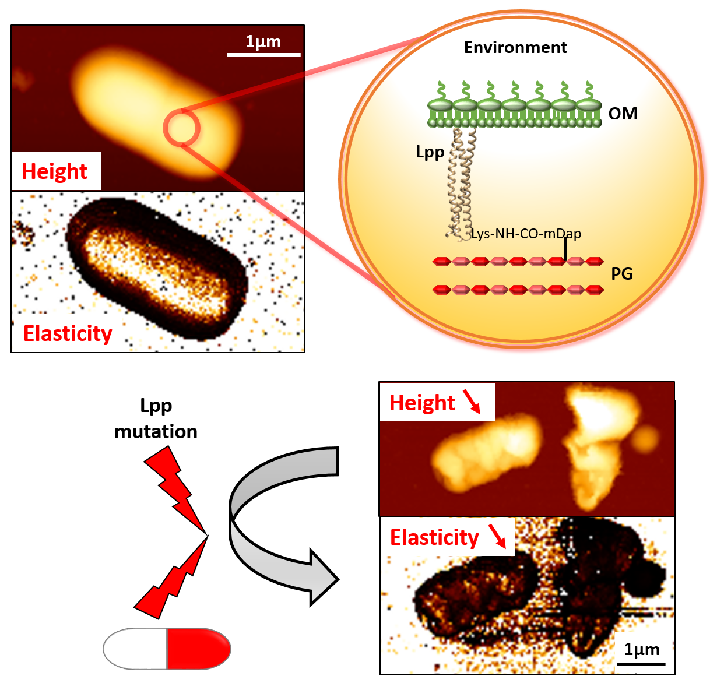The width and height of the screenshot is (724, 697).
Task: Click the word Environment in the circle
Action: (515, 48)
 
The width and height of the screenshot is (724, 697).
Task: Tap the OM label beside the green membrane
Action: (623, 114)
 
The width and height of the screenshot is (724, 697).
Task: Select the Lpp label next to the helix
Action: (430, 152)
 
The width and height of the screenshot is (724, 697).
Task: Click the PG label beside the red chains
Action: (621, 274)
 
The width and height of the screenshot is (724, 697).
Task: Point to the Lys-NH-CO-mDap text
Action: (526, 234)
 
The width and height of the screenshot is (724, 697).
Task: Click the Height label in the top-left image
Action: (54, 172)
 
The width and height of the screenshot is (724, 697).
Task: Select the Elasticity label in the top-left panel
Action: (68, 334)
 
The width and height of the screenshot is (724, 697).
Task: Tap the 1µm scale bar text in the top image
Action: (263, 42)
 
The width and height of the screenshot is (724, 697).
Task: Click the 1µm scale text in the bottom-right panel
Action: (642, 650)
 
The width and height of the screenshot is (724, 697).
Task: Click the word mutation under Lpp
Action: (156, 432)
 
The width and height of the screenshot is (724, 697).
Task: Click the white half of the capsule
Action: (135, 648)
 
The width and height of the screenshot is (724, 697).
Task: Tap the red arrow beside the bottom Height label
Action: (472, 402)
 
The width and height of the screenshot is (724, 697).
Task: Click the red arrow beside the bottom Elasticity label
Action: (497, 536)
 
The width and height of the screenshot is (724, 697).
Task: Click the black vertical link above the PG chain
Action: (565, 248)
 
